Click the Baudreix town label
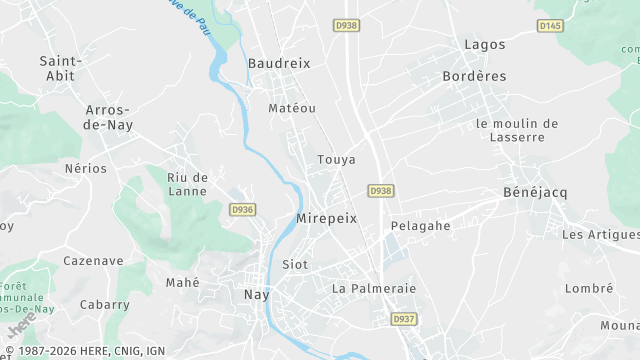pos(279,63)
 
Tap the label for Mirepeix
pos(326,218)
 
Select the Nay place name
pos(257,295)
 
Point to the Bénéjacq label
pos(534,192)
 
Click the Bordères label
pos(474,76)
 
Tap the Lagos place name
pos(485,45)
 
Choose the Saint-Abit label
pos(60,68)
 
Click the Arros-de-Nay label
pos(110,117)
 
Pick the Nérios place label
pos(85,168)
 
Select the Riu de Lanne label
pos(188,184)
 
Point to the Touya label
pos(336,160)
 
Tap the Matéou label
pos(292,108)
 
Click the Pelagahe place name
pos(420,226)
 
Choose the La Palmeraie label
pos(373,288)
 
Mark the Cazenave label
pos(93,261)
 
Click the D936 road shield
pos(242,210)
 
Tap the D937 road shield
pos(404,319)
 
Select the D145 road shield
pos(549,25)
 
